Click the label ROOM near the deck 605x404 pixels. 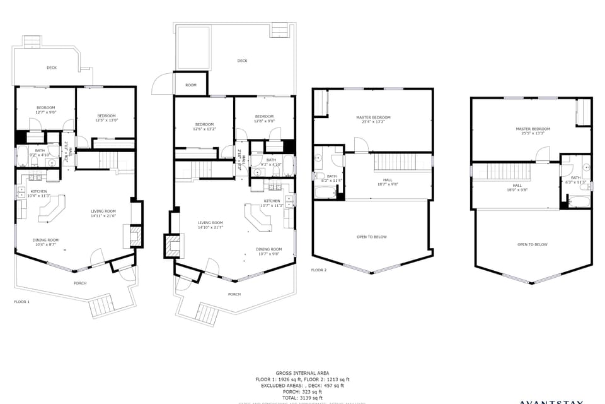[190, 85]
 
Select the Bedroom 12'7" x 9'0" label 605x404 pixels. [46, 110]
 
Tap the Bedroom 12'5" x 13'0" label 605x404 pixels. [107, 117]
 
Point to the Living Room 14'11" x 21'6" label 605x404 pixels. [103, 214]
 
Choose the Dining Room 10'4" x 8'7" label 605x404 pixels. [45, 242]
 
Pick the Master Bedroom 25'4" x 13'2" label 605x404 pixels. [373, 120]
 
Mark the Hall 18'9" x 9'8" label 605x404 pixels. [517, 187]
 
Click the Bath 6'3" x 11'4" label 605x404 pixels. [331, 179]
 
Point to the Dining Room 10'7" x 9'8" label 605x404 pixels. [268, 251]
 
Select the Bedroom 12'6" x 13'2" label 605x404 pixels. [205, 126]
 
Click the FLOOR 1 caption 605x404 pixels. [22, 302]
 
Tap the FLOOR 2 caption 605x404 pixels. [319, 270]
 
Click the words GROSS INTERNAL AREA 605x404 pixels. [302, 373]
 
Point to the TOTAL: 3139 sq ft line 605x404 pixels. [302, 398]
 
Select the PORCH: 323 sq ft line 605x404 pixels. [302, 391]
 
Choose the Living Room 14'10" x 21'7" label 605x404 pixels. [210, 225]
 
